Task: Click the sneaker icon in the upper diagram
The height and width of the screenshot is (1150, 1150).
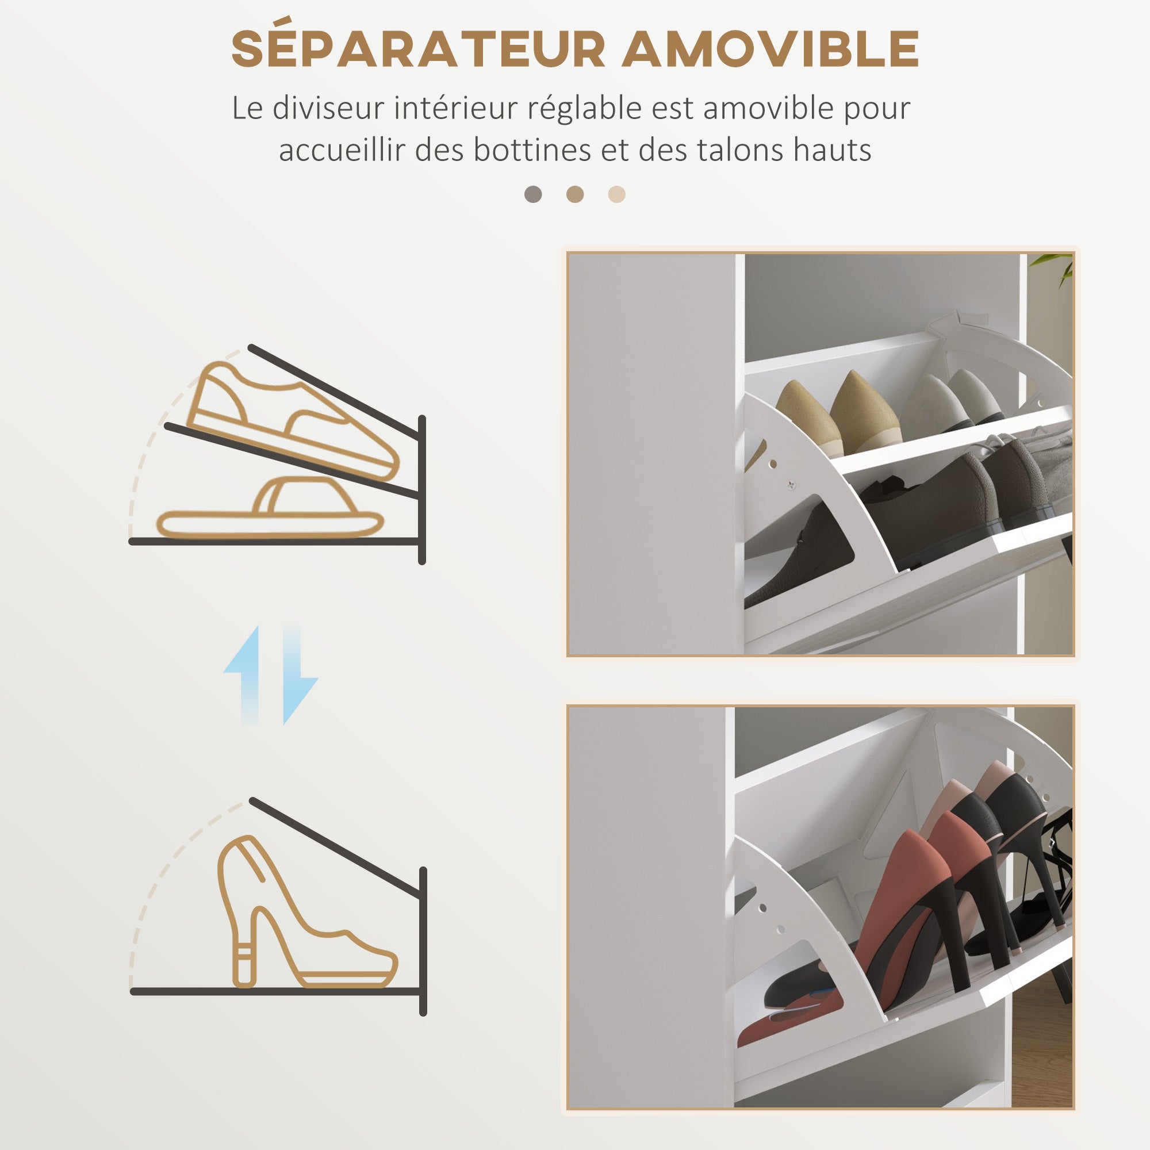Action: click(292, 417)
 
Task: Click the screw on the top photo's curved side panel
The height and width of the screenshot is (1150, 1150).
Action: click(791, 485)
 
